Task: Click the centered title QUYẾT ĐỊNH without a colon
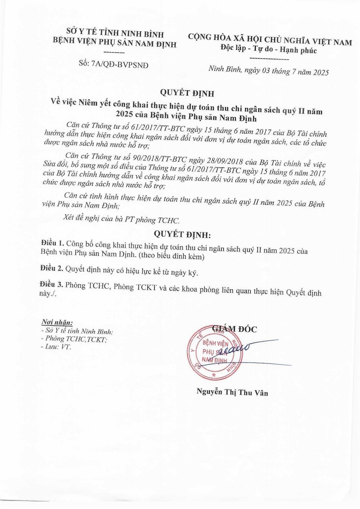coord(180,93)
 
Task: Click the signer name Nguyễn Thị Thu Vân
coord(232,393)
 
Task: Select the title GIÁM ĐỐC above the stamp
coord(234,329)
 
